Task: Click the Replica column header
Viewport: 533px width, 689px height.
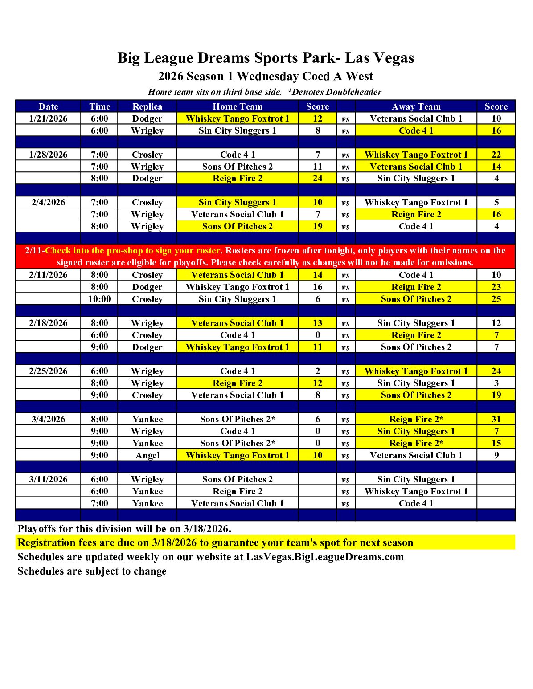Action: pyautogui.click(x=147, y=106)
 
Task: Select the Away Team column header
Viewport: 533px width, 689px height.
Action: pyautogui.click(x=416, y=106)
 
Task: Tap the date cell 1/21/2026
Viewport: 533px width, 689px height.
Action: pyautogui.click(x=48, y=118)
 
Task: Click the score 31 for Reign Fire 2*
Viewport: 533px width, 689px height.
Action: pyautogui.click(x=496, y=419)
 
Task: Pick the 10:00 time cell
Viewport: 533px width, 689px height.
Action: pyautogui.click(x=99, y=299)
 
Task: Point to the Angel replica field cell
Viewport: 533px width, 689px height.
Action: pyautogui.click(x=147, y=455)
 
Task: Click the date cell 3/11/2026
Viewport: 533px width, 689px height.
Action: pyautogui.click(x=48, y=479)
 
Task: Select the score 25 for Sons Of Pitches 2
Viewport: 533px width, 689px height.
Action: pyautogui.click(x=496, y=299)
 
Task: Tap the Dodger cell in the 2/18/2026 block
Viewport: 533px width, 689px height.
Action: pyautogui.click(x=147, y=347)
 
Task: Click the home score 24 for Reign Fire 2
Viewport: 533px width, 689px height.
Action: pyautogui.click(x=317, y=178)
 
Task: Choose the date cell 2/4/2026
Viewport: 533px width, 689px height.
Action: pyautogui.click(x=48, y=202)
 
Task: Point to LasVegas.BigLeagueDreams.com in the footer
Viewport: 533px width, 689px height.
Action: pyautogui.click(x=325, y=557)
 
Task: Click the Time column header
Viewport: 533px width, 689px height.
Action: pyautogui.click(x=99, y=106)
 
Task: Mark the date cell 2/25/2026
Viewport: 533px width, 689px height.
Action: pyautogui.click(x=48, y=371)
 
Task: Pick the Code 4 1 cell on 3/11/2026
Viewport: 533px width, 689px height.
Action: pyautogui.click(x=416, y=503)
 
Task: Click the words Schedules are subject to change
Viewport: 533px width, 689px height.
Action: pyautogui.click(x=92, y=571)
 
